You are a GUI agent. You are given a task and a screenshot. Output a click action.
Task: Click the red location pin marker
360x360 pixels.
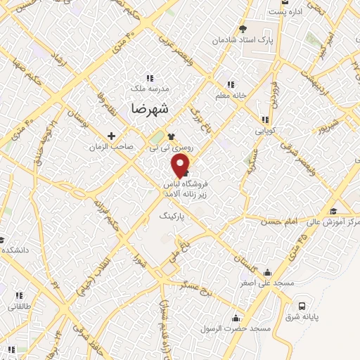tap(181, 164)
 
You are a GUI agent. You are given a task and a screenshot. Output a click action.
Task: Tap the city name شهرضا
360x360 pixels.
tap(150, 109)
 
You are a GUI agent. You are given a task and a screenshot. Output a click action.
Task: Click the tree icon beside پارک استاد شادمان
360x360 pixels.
tap(243, 29)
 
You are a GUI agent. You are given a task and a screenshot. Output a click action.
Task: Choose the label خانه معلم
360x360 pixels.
tap(229, 95)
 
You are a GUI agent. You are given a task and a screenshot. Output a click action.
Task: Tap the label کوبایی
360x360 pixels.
tap(265, 131)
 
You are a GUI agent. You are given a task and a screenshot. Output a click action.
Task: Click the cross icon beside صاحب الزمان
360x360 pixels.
tap(111, 136)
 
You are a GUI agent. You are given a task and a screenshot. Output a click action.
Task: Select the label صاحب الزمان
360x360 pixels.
tap(111, 148)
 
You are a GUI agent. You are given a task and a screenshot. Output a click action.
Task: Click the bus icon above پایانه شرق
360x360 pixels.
tap(302, 306)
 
